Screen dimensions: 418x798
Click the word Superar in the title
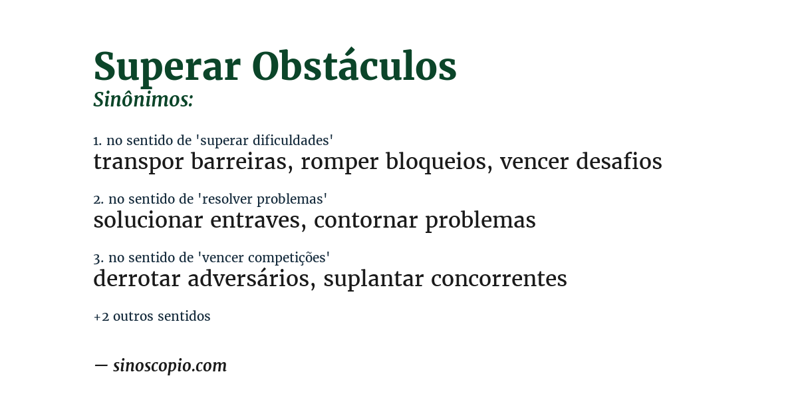(167, 67)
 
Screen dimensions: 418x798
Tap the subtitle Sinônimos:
(143, 100)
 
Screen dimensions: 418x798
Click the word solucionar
(148, 220)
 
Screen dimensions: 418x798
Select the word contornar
(365, 220)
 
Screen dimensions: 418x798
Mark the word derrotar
(136, 279)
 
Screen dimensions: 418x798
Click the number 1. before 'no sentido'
(97, 140)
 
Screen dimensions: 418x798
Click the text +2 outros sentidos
(152, 316)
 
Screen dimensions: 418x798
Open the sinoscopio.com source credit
(170, 365)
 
